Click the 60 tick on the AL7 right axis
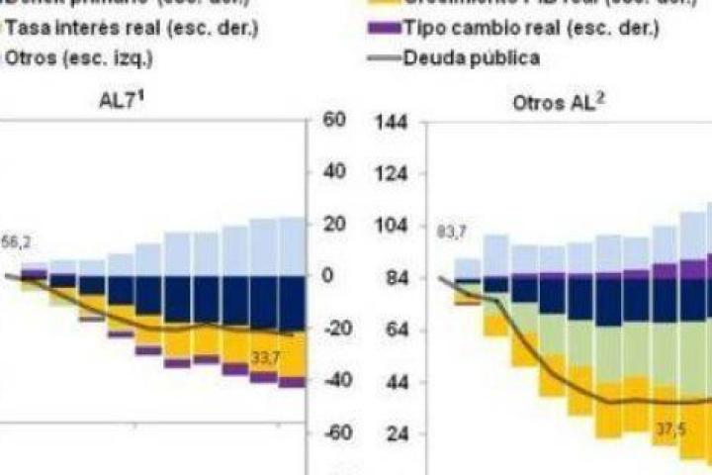click(333, 120)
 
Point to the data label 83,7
click(451, 233)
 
